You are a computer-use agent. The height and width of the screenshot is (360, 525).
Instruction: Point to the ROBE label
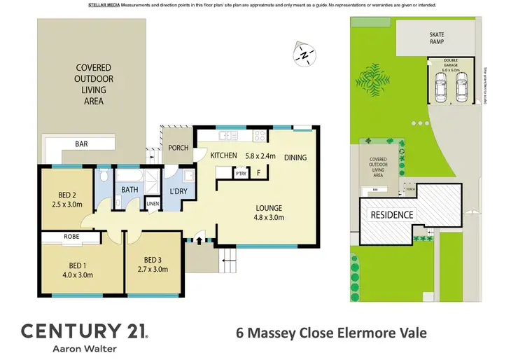72,237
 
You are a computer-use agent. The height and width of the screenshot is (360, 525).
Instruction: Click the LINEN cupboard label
153,204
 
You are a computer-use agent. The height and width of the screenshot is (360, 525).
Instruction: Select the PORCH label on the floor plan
179,148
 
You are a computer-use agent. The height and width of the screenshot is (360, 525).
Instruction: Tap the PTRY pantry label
239,172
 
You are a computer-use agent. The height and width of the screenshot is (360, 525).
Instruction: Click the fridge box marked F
259,172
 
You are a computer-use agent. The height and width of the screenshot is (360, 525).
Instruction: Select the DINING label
295,158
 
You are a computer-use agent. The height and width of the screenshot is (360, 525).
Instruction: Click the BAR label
81,144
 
